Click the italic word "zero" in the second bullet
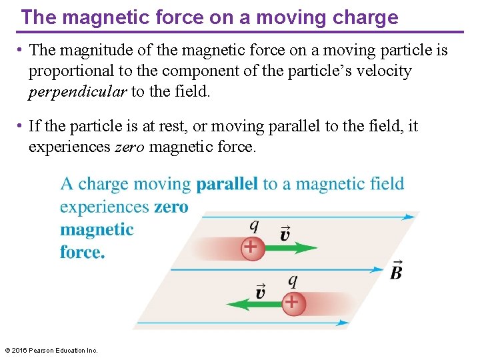(x=129, y=147)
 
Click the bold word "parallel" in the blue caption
(x=227, y=184)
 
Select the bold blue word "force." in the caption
(x=83, y=253)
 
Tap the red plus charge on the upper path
(x=251, y=248)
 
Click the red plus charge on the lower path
(x=291, y=303)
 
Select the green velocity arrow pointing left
(x=253, y=303)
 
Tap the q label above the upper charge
(x=254, y=226)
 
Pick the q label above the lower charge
(x=292, y=281)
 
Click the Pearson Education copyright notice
(x=51, y=350)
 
